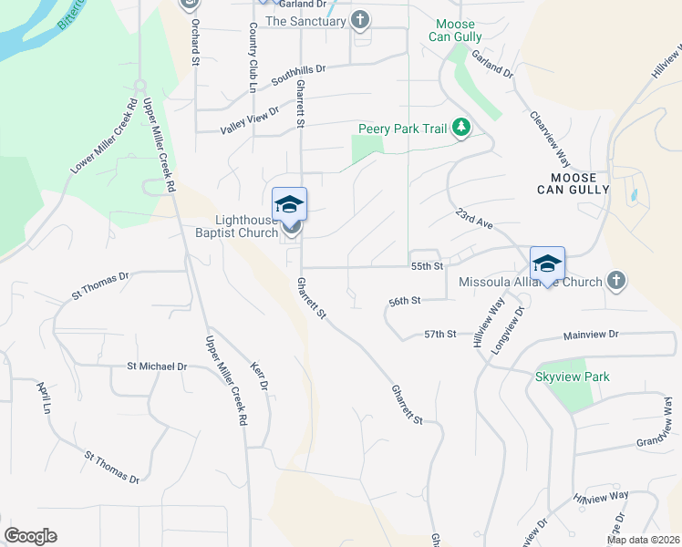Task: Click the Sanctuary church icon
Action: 361,20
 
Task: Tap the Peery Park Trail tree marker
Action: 461,129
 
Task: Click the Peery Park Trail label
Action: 402,129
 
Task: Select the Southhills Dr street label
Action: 300,75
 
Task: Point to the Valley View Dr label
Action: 249,119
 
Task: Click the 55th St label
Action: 427,266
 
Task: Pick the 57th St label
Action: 439,335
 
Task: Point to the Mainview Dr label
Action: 596,335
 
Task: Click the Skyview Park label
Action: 572,377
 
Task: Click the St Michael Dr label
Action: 157,366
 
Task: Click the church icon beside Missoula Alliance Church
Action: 616,281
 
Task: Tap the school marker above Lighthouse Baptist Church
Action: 289,204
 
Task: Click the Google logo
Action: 30,536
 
